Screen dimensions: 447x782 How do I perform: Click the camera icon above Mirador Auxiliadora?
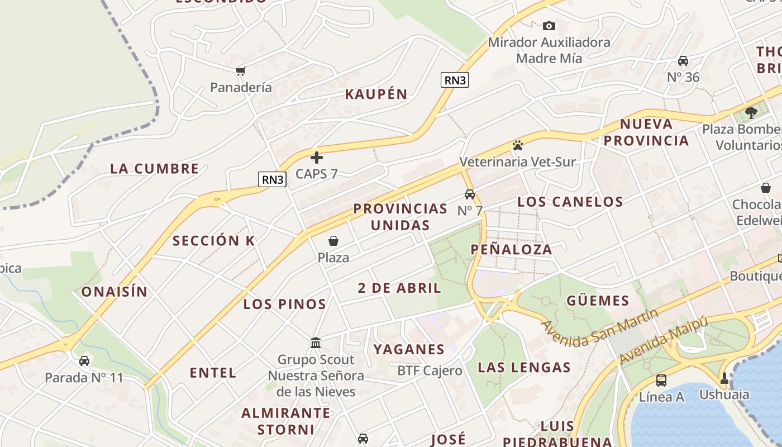coord(549,26)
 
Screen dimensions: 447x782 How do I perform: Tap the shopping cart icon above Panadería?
coord(241,71)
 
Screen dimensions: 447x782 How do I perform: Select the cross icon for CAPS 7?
coord(317,158)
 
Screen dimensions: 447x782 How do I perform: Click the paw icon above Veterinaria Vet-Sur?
coord(517,146)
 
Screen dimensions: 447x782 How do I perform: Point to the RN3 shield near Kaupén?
coord(455,80)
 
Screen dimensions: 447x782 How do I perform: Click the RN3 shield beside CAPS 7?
coord(273,179)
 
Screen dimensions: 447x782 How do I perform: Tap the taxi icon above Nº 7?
coord(470,194)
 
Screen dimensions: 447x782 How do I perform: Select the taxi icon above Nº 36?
coord(683,61)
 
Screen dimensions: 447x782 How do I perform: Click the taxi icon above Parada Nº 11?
coord(84,361)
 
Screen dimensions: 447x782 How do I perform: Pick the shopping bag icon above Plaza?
coord(333,241)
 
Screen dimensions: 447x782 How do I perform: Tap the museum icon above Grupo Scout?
coord(316,343)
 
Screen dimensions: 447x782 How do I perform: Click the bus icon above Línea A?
coord(661,381)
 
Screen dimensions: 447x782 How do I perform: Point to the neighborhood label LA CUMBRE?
coord(154,169)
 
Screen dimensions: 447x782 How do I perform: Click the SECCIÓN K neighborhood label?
coord(213,241)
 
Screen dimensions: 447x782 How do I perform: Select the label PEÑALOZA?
coord(511,250)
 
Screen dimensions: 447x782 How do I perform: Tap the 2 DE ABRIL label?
coord(399,288)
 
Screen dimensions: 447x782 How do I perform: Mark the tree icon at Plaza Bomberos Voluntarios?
coord(751,112)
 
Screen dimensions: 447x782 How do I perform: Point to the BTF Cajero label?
coord(430,370)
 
